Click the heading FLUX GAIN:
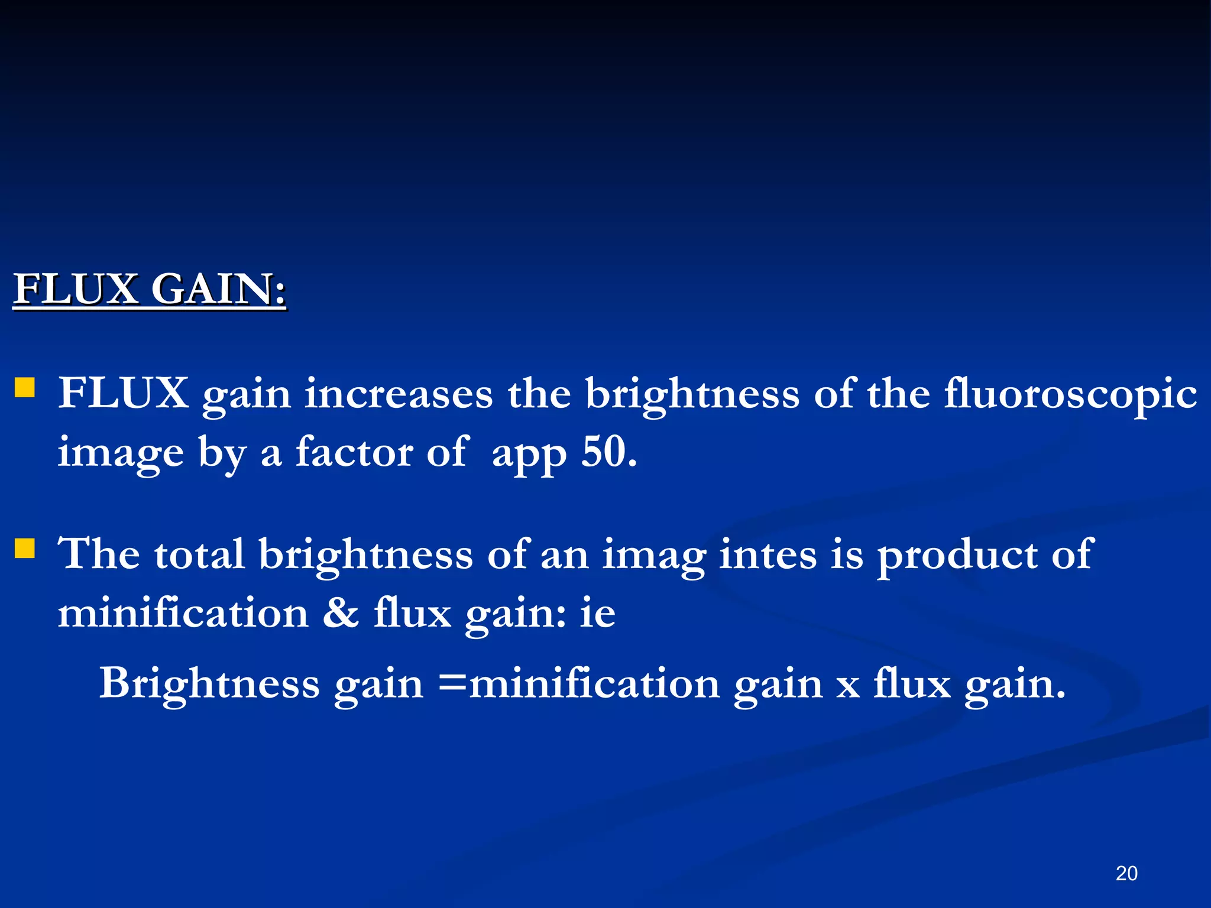[150, 290]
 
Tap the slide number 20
[1126, 873]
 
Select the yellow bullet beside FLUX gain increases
[25, 388]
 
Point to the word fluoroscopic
[1070, 395]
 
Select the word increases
[399, 394]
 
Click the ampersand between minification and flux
[341, 613]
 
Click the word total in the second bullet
[199, 554]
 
